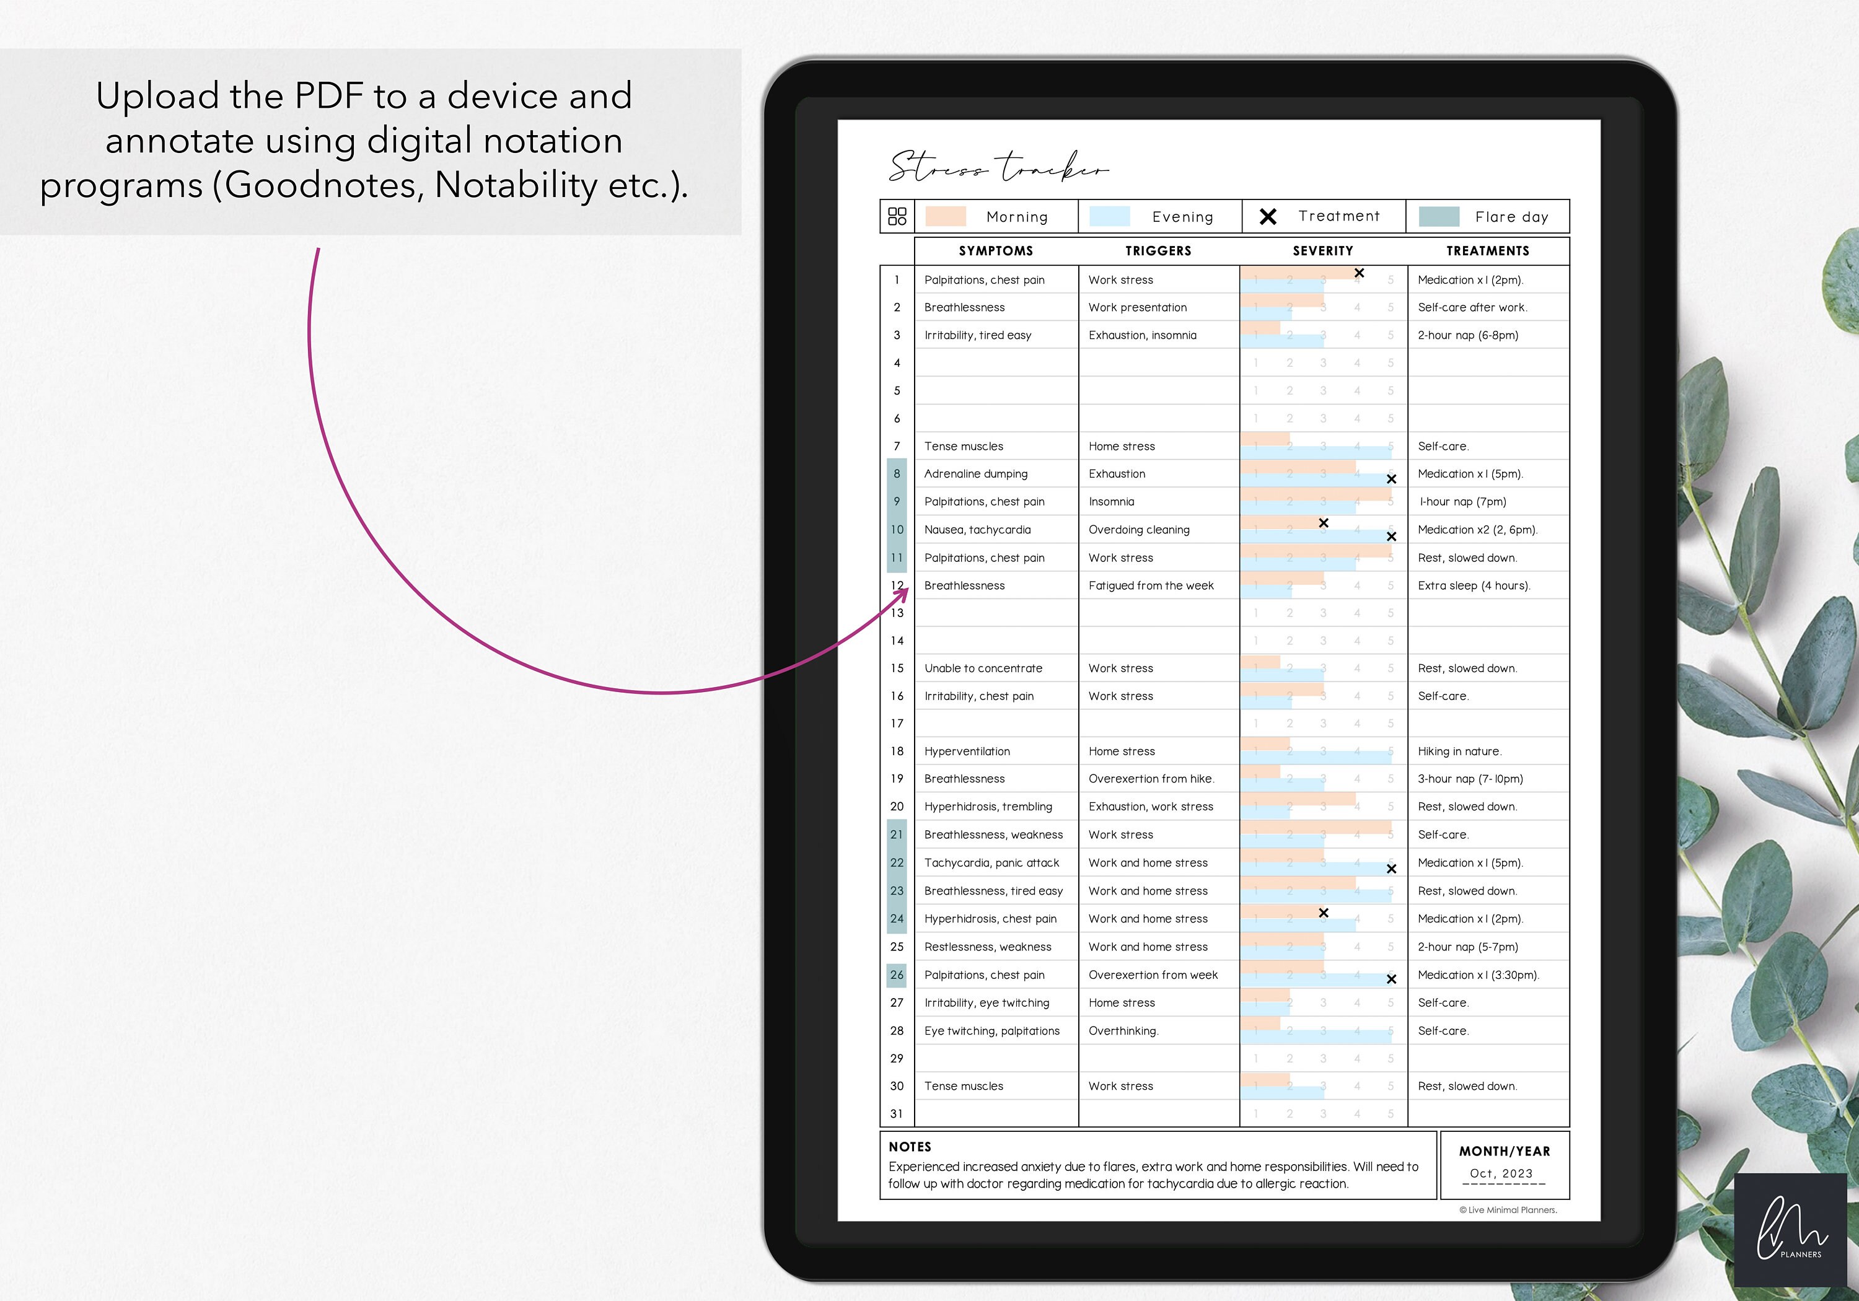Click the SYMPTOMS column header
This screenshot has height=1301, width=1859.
click(x=996, y=251)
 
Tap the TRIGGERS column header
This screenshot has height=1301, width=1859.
click(x=1158, y=251)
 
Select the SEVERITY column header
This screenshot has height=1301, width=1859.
click(x=1322, y=251)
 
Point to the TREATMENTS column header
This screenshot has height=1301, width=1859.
click(x=1487, y=251)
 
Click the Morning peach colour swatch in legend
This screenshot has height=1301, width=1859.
click(x=945, y=216)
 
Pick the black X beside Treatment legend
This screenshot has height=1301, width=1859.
click(x=1268, y=216)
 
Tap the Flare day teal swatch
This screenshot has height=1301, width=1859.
click(x=1439, y=216)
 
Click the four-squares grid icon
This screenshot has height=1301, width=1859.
click(x=897, y=216)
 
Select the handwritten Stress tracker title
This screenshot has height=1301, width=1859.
click(x=998, y=168)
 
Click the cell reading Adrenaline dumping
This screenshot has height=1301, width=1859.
click(x=975, y=473)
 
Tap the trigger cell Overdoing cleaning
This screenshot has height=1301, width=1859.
click(x=1138, y=530)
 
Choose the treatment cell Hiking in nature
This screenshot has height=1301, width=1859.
click(x=1459, y=751)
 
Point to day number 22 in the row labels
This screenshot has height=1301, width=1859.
click(x=896, y=863)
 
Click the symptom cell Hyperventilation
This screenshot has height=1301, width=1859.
click(x=967, y=751)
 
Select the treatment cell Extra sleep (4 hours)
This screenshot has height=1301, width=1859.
click(x=1474, y=585)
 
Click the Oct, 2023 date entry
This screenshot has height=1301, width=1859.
click(x=1501, y=1173)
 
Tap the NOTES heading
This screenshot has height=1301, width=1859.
click(x=910, y=1146)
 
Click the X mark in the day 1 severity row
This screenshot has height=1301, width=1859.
click(x=1360, y=274)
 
